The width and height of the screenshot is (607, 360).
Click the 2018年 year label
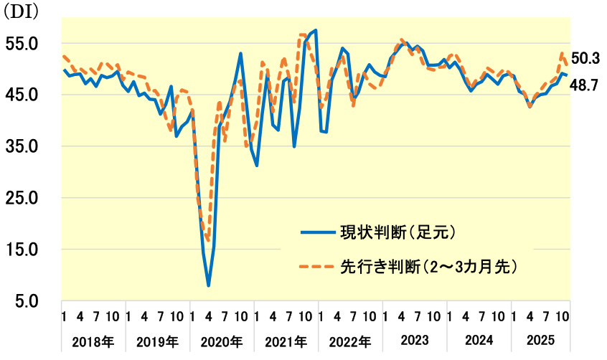[x=93, y=341]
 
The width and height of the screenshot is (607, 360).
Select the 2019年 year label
[x=158, y=341]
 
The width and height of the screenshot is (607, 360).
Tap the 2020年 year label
[x=222, y=341]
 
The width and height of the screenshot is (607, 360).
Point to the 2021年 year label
[x=287, y=341]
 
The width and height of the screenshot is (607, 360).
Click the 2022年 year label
[x=351, y=341]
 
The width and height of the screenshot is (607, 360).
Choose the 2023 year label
[x=414, y=341]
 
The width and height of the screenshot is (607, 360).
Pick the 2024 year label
[x=479, y=341]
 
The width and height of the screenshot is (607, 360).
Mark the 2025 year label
[x=542, y=341]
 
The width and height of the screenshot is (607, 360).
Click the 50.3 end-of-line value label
[x=585, y=58]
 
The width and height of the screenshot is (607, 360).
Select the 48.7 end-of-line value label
[x=585, y=85]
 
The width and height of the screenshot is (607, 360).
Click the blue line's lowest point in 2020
[x=208, y=285]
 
